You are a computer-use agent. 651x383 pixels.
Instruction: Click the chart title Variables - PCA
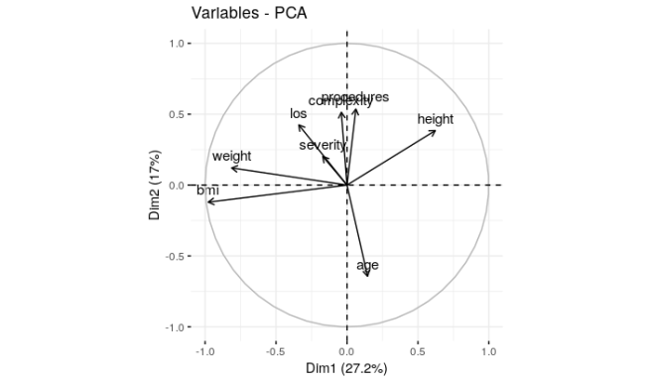[x=248, y=13]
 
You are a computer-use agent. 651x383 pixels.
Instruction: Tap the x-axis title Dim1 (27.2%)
[x=346, y=369]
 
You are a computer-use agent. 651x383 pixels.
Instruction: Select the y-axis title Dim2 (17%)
[x=157, y=186]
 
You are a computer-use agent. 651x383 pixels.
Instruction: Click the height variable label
[x=435, y=119]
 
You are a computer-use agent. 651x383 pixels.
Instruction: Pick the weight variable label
[x=231, y=156]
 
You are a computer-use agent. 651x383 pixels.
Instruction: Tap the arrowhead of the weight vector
[x=230, y=168]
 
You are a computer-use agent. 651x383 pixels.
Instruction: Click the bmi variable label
[x=207, y=190]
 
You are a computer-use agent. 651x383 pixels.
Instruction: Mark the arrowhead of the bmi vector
[x=207, y=202]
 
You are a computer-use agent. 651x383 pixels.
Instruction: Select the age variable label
[x=367, y=265]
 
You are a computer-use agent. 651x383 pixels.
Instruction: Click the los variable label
[x=298, y=113]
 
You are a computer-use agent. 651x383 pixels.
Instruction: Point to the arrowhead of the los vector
[x=299, y=124]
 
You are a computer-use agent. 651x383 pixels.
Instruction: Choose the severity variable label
[x=323, y=145]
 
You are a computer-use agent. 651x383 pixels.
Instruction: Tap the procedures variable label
[x=355, y=97]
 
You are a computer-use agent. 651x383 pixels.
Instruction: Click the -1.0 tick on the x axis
[x=204, y=350]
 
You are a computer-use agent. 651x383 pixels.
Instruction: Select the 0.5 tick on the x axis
[x=418, y=350]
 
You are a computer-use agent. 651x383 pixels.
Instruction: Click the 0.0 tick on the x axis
[x=346, y=350]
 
